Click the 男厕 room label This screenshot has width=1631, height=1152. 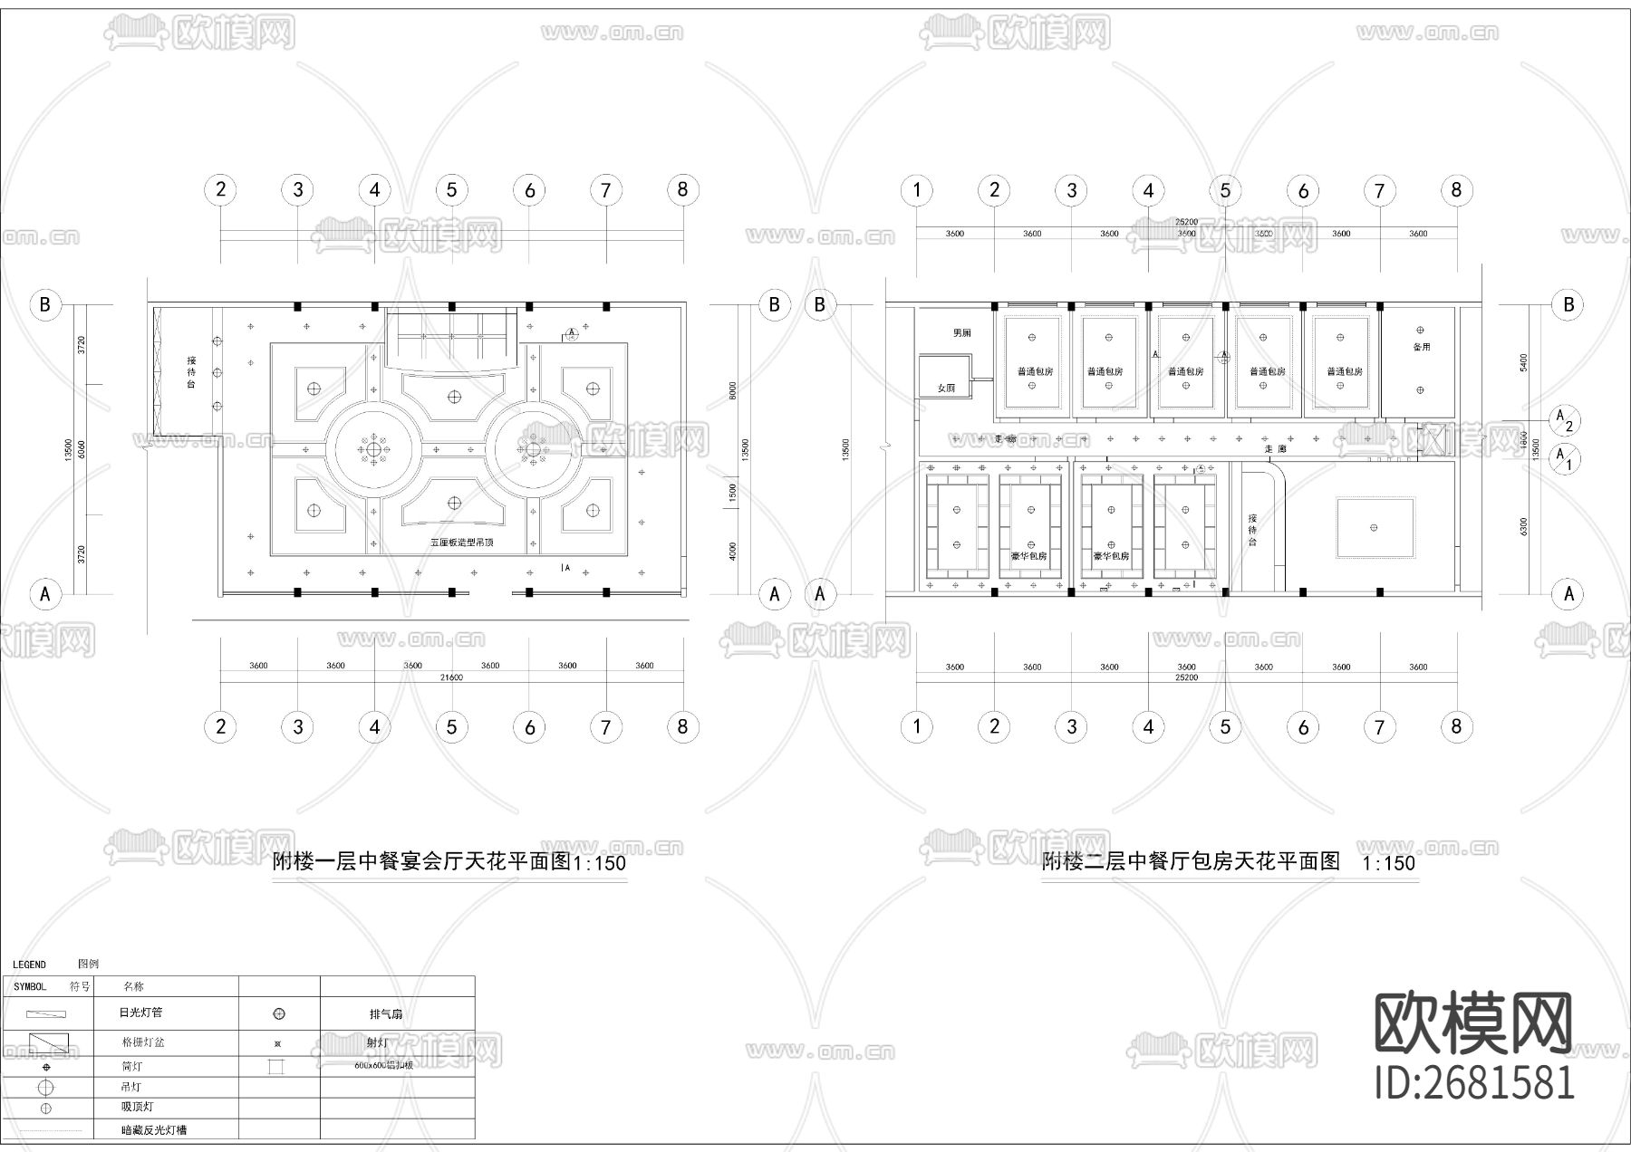click(961, 333)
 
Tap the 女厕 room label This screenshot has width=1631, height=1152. click(946, 388)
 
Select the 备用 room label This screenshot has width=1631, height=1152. click(1421, 347)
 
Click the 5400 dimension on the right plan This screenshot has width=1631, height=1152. click(1524, 362)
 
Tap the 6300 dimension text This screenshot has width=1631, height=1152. click(1524, 526)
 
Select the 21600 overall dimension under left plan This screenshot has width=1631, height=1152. click(451, 677)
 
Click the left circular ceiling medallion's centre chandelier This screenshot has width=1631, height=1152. click(373, 449)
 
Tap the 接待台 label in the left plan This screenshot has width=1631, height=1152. click(191, 372)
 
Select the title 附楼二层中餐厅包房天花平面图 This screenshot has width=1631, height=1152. click(1190, 862)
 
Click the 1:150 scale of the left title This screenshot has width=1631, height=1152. click(600, 863)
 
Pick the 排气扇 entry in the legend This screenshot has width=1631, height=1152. click(386, 1014)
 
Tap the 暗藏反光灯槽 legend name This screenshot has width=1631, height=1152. click(154, 1130)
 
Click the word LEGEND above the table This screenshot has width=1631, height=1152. click(29, 965)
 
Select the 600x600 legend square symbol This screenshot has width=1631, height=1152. click(276, 1067)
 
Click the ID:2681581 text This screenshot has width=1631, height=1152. click(1474, 1082)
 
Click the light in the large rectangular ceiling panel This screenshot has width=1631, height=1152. click(1375, 527)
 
